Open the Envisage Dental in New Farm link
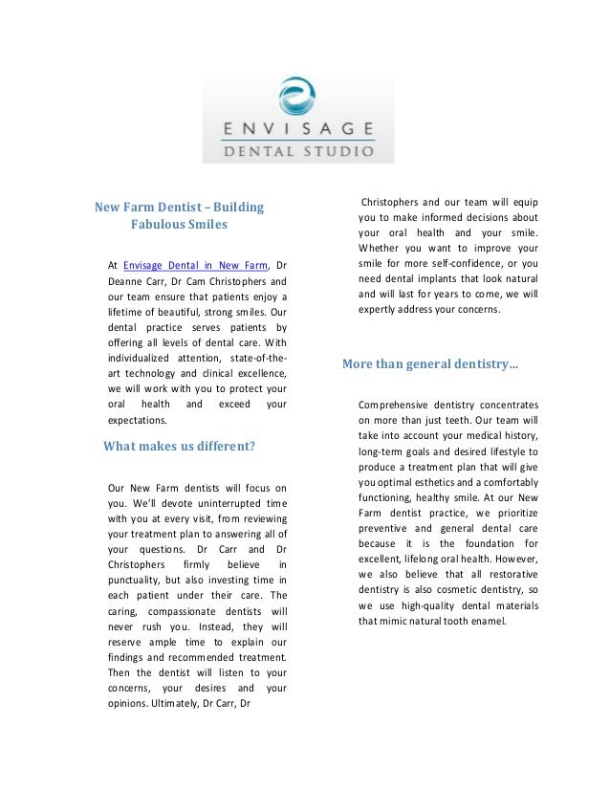196,265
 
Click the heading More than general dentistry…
430,363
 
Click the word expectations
139,419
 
